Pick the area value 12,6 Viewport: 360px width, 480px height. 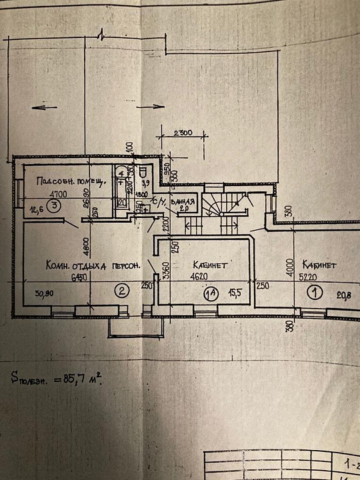tap(36, 207)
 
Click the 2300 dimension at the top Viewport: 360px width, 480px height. tap(181, 133)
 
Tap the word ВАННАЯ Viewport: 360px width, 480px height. tap(182, 201)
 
